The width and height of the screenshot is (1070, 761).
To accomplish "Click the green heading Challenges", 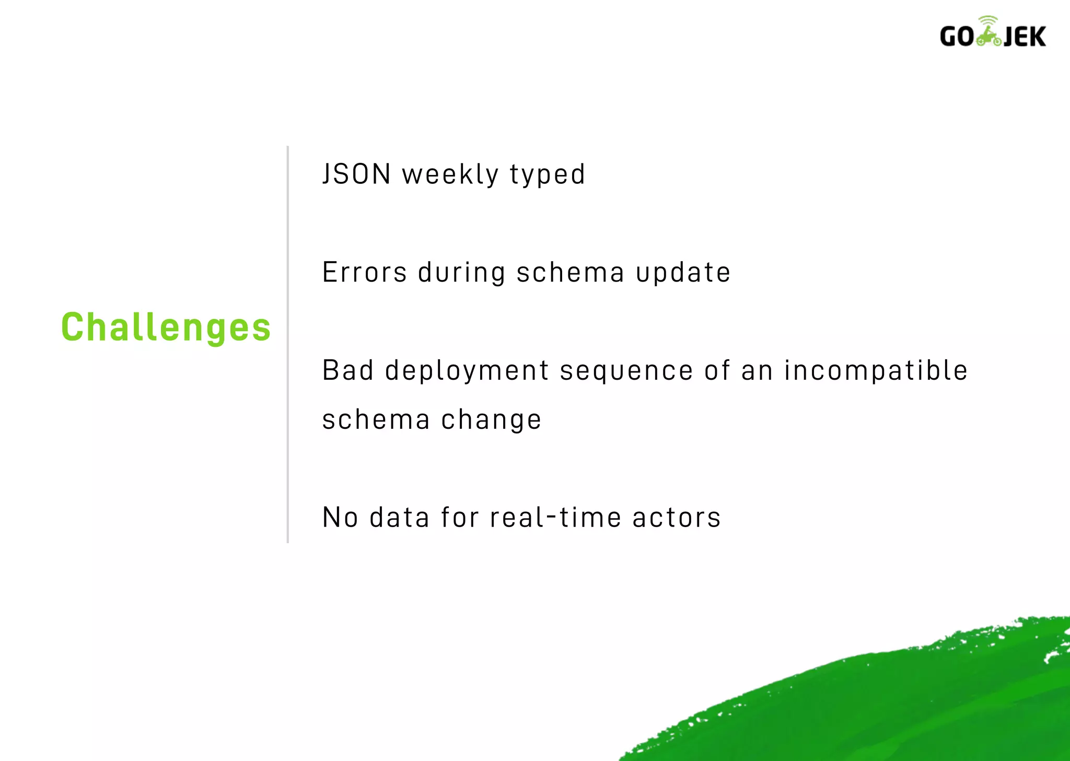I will pyautogui.click(x=166, y=327).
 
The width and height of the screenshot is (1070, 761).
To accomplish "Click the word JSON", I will pyautogui.click(x=356, y=174).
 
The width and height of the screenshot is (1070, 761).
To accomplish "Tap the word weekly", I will pyautogui.click(x=450, y=175).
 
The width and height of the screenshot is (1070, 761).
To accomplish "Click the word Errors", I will pyautogui.click(x=364, y=272).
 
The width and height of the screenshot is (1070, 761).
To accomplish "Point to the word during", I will pyautogui.click(x=461, y=273).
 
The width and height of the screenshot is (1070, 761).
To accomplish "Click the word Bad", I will pyautogui.click(x=348, y=370).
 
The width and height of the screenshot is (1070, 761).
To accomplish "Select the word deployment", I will pyautogui.click(x=467, y=371).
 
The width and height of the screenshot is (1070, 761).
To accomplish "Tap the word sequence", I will pyautogui.click(x=626, y=371).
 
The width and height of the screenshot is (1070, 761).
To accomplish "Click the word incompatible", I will pyautogui.click(x=876, y=371).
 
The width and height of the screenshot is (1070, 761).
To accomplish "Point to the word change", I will pyautogui.click(x=491, y=420).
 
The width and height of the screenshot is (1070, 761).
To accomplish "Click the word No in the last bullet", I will pyautogui.click(x=340, y=518).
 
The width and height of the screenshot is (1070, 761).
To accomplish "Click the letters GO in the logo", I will pyautogui.click(x=957, y=37).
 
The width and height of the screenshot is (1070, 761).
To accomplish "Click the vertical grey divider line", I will pyautogui.click(x=288, y=345).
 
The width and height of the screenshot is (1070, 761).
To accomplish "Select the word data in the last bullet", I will pyautogui.click(x=399, y=518).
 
